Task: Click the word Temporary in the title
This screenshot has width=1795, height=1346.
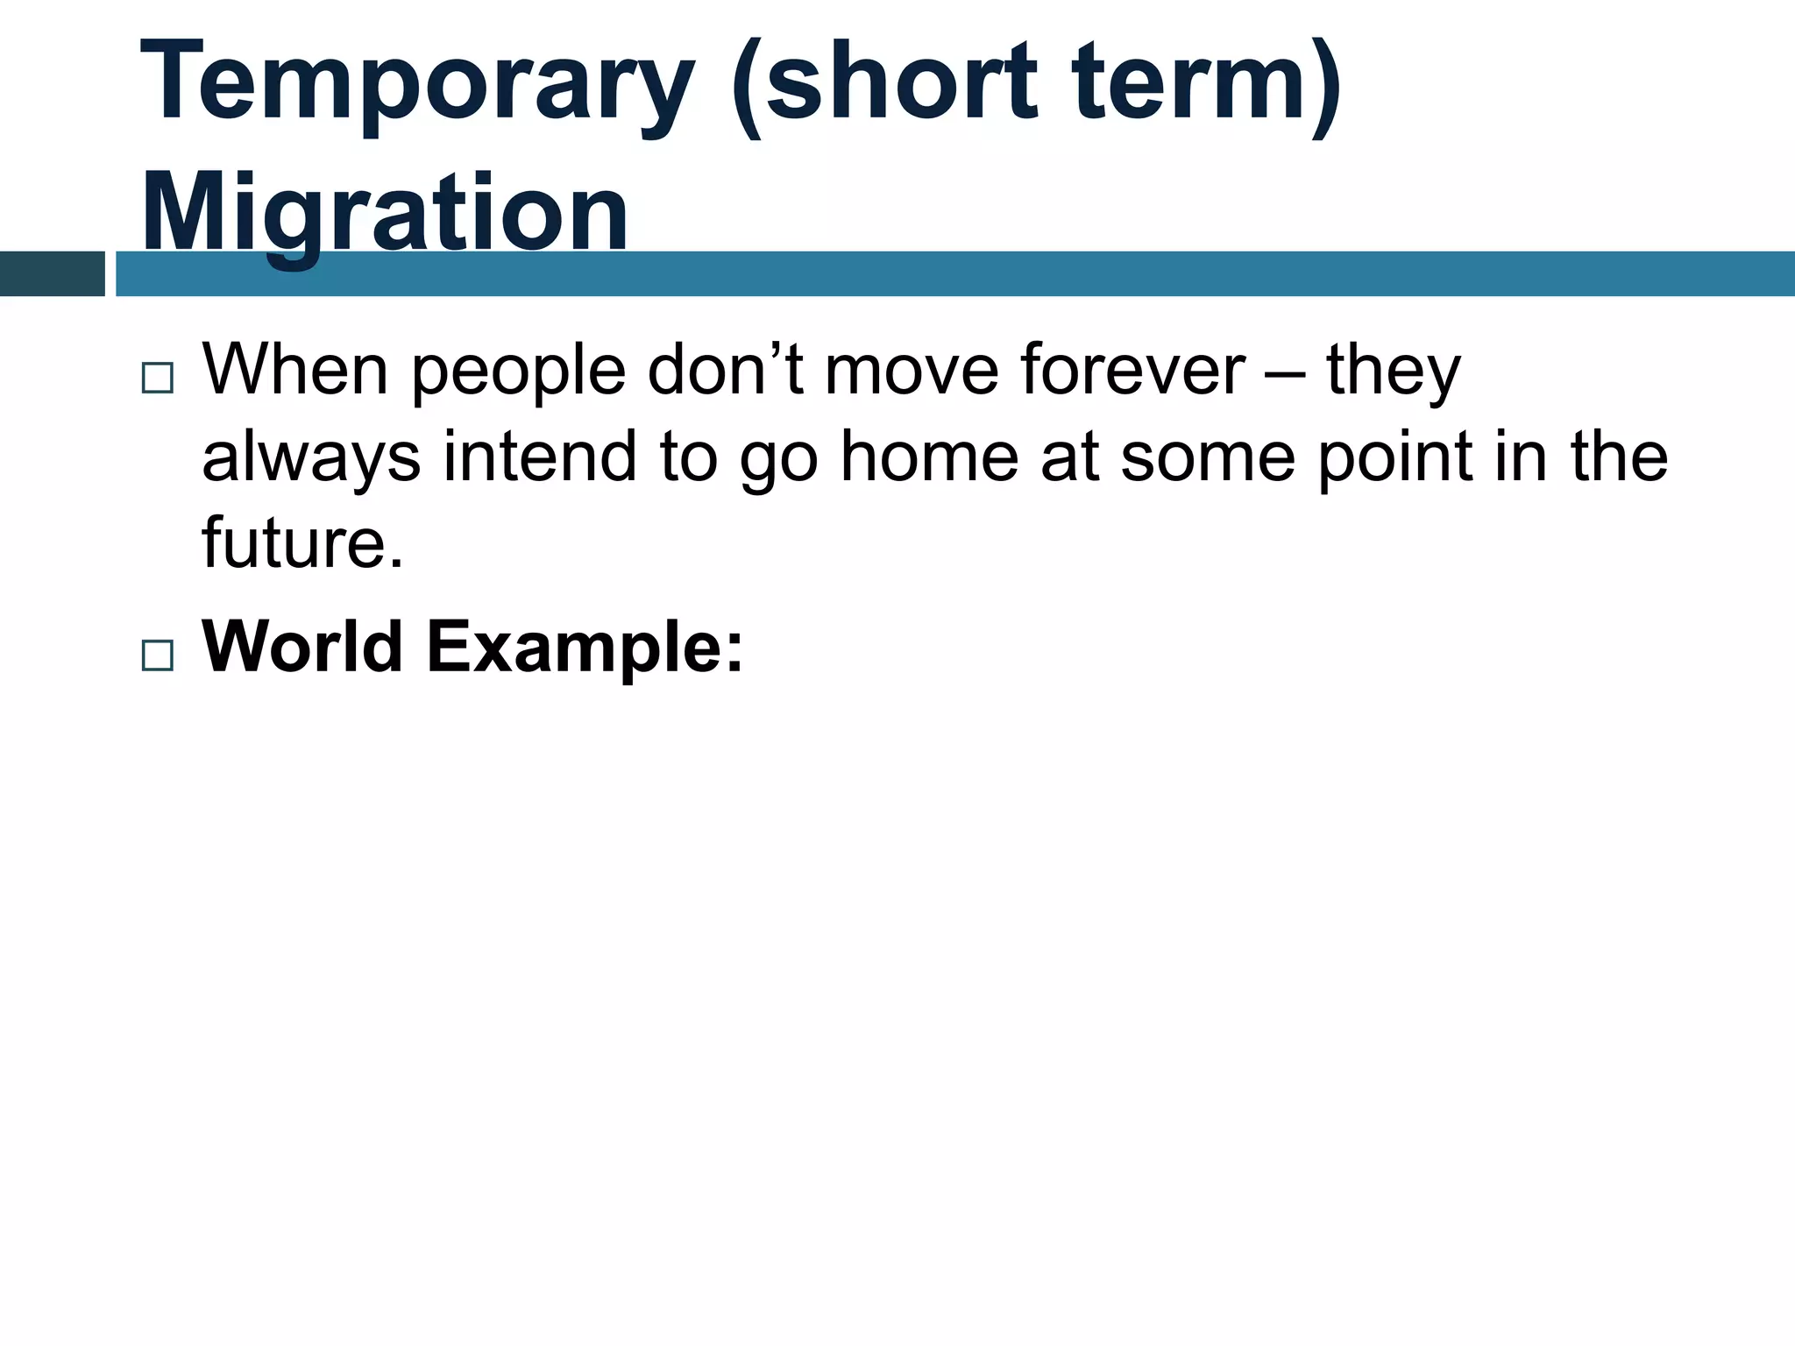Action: click(417, 83)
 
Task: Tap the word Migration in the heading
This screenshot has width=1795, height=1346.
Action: click(385, 213)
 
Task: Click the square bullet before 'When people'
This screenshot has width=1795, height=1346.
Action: click(157, 379)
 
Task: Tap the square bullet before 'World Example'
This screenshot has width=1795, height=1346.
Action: click(157, 655)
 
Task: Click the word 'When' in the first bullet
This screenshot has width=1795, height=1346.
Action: click(295, 370)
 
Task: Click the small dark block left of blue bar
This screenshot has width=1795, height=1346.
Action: click(52, 273)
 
